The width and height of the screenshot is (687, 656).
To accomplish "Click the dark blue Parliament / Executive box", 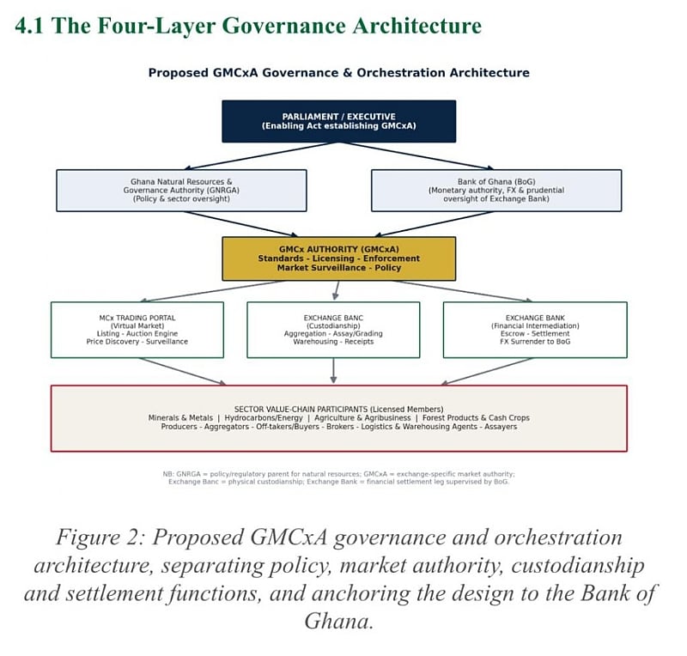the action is (x=338, y=121).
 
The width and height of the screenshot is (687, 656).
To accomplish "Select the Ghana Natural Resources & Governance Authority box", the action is (x=181, y=191).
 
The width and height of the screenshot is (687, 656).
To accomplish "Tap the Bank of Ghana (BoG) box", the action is (x=496, y=191).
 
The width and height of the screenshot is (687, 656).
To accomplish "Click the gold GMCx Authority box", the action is (x=338, y=258).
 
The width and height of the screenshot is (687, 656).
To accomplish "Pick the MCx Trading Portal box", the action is (x=137, y=330).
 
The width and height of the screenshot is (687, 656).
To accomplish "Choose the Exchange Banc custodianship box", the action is (x=333, y=330).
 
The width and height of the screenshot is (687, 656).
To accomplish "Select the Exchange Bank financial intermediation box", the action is (x=535, y=330).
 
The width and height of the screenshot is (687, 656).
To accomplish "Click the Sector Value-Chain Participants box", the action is (x=338, y=418).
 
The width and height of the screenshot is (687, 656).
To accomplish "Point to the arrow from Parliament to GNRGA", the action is (x=262, y=156).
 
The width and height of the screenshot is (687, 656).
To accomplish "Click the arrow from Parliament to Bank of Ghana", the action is (x=416, y=156).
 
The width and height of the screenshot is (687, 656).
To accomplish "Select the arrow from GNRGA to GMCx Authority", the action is (x=240, y=224).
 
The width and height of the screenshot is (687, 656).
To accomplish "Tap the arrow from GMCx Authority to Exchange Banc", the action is (x=337, y=290).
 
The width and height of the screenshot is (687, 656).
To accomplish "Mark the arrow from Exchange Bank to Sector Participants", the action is (x=487, y=372).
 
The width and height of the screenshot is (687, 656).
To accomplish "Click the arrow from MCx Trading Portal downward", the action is (x=182, y=372).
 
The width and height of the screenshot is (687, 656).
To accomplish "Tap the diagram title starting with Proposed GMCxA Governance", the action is (x=338, y=73).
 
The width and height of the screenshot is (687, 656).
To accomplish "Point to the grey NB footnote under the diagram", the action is (x=338, y=477).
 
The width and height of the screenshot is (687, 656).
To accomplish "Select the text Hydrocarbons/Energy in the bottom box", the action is (x=264, y=418).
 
